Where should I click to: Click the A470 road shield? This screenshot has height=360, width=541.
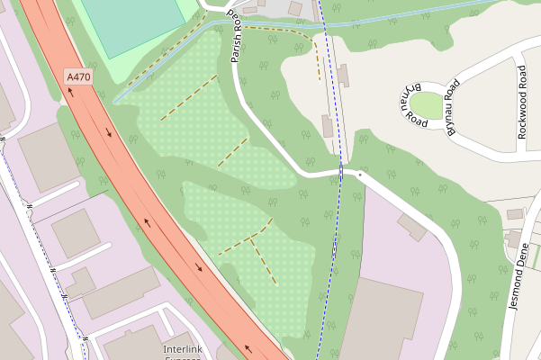(78, 78)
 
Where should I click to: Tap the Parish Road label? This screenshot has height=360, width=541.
(237, 38)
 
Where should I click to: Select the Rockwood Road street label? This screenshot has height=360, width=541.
(522, 102)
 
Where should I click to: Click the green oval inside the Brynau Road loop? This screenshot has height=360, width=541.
(428, 106)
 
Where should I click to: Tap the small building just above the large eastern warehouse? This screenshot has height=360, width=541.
(411, 226)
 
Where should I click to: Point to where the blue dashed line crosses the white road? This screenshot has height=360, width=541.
(341, 171)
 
